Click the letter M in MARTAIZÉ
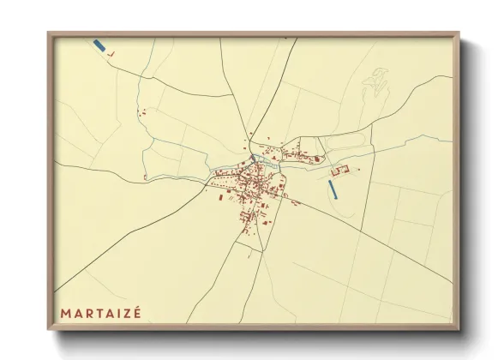click(65, 314)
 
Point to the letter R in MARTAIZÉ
click(90, 314)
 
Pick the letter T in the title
click(101, 314)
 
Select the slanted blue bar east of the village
click(334, 189)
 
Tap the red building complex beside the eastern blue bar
click(339, 172)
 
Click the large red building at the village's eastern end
click(317, 159)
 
